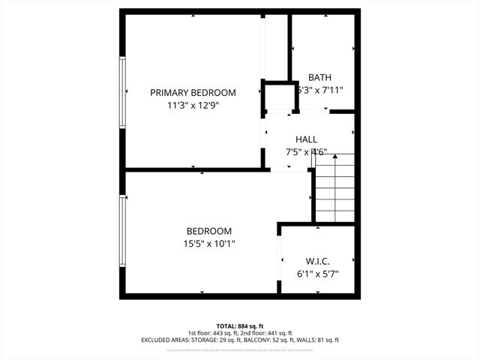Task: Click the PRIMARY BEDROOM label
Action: (x=193, y=93)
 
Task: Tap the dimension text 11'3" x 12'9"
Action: (x=193, y=106)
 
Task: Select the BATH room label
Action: (x=320, y=77)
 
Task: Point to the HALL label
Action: (x=306, y=139)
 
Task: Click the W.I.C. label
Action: (x=318, y=262)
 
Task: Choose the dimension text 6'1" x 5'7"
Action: (x=318, y=274)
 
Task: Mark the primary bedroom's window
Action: (x=122, y=93)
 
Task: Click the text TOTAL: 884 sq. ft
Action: (x=240, y=326)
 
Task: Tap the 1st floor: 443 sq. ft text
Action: (x=213, y=333)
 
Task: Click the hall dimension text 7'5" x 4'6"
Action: (x=306, y=151)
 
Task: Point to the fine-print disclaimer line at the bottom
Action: (x=240, y=348)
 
